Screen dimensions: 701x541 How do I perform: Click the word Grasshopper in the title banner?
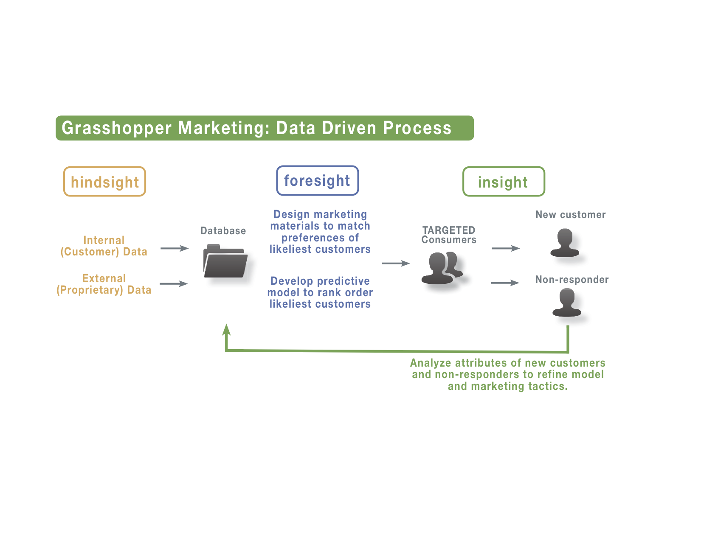(x=116, y=128)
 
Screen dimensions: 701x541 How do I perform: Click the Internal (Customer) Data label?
(x=104, y=246)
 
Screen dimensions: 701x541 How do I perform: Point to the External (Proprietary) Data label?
(x=104, y=284)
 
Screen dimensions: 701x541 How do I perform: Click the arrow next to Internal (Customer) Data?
(x=175, y=248)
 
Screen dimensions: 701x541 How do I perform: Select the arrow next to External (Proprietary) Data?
(x=174, y=284)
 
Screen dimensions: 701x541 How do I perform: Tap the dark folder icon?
(x=225, y=261)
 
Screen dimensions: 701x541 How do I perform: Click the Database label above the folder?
(x=223, y=231)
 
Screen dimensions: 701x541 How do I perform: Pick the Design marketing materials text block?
(x=320, y=232)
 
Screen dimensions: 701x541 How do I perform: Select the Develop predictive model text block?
(x=320, y=292)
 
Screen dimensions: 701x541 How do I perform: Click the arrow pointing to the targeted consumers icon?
(x=396, y=263)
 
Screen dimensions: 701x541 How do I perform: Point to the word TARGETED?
(x=449, y=230)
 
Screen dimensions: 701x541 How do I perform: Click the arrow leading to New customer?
(x=506, y=248)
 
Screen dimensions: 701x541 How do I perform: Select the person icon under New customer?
(x=565, y=243)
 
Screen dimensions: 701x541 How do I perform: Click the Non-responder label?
(x=572, y=280)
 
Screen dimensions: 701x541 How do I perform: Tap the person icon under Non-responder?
(x=567, y=303)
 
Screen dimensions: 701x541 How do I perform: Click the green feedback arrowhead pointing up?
(x=226, y=330)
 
